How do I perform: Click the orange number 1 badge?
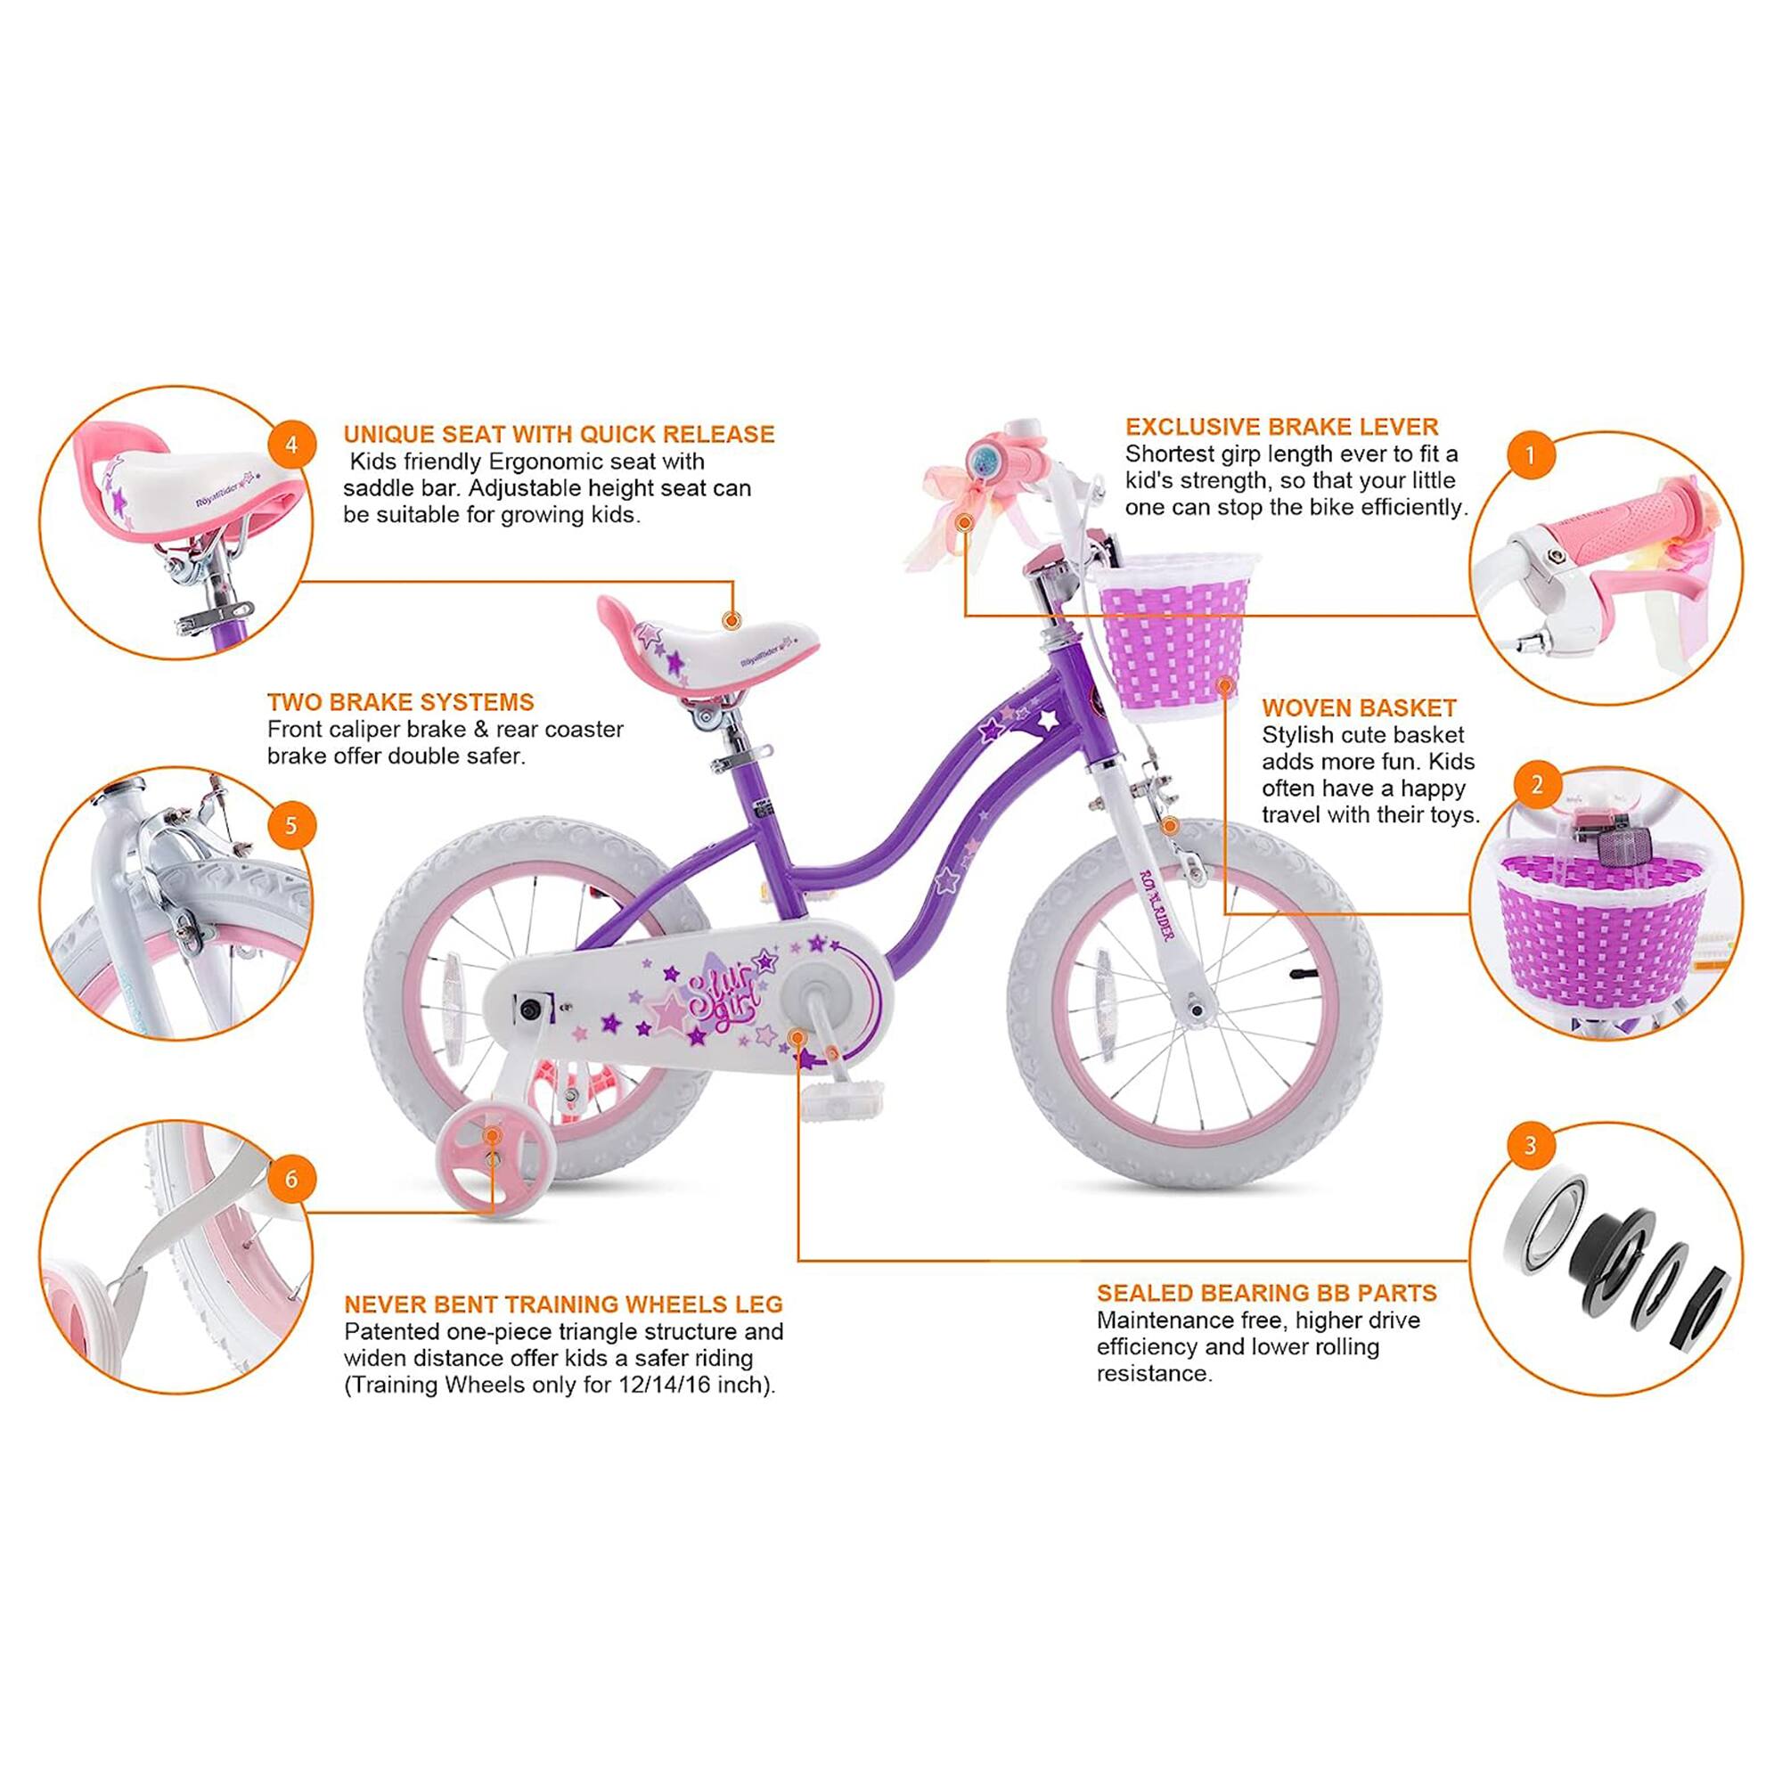pos(1530,454)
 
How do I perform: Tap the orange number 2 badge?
pos(1537,785)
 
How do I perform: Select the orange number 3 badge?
pos(1530,1146)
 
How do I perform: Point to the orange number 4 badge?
pos(291,445)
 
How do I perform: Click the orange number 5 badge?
pos(291,824)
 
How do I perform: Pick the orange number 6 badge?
pos(291,1180)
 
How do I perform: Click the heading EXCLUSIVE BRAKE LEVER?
pos(1281,427)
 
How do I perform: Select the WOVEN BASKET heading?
pos(1359,708)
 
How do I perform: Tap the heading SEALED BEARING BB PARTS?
pos(1266,1293)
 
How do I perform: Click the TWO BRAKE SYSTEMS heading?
pos(400,702)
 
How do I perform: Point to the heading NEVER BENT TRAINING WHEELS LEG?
pos(562,1305)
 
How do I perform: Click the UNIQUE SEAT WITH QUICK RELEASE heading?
pos(559,435)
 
